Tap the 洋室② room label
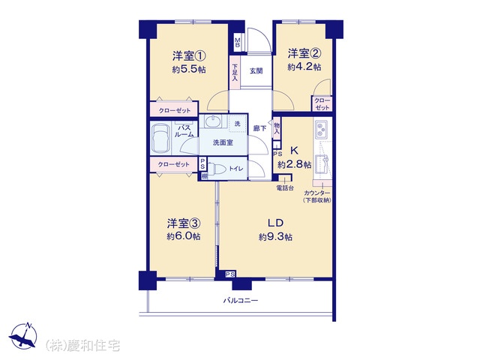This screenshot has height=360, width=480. click(x=304, y=54)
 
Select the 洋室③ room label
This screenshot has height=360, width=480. click(x=183, y=223)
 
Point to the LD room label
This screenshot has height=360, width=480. click(x=275, y=223)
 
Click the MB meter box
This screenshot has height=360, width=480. click(x=238, y=43)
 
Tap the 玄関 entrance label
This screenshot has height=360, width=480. click(x=256, y=71)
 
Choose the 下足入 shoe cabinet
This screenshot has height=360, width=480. click(x=235, y=73)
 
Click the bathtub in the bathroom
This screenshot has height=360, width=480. click(x=160, y=138)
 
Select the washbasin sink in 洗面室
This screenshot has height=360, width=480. click(x=213, y=121)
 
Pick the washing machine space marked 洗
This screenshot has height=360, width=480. click(x=238, y=124)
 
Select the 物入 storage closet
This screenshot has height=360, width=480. click(x=277, y=128)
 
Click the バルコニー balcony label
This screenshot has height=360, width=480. click(x=240, y=301)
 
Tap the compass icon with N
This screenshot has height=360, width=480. click(x=23, y=335)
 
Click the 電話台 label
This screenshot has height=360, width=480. click(x=285, y=188)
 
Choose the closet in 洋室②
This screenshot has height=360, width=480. click(x=322, y=103)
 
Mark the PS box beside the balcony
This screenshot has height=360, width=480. click(x=230, y=274)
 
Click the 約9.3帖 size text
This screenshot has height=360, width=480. click(x=275, y=237)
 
